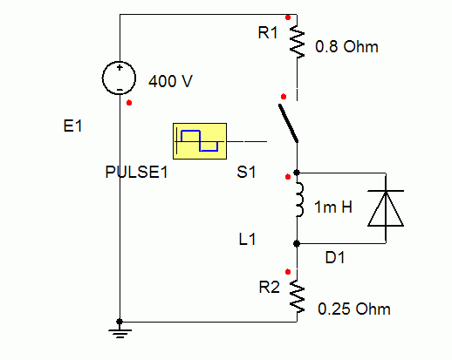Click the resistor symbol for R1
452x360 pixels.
click(297, 42)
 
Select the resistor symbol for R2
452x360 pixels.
click(297, 296)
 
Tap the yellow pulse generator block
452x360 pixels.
click(200, 141)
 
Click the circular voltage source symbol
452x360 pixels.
click(119, 78)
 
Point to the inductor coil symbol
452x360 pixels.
click(299, 200)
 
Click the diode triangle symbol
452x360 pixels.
click(386, 208)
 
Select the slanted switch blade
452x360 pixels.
click(288, 124)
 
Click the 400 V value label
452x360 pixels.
click(170, 81)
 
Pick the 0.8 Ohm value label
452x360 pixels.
click(346, 46)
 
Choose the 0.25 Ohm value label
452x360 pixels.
click(354, 309)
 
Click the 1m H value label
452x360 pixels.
click(333, 207)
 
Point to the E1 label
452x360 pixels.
click(72, 126)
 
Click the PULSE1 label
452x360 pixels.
click(136, 172)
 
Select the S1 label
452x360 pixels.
click(246, 172)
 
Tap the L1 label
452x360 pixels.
click(247, 239)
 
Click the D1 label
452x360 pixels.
click(335, 257)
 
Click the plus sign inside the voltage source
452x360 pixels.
click(120, 68)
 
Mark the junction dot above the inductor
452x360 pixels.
click(297, 173)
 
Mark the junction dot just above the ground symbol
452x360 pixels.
click(120, 322)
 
